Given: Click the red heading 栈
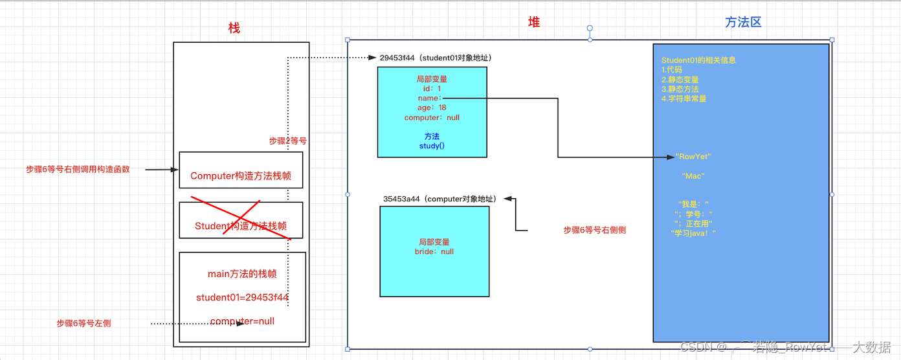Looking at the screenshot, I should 234,28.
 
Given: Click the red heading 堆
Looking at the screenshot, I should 534,23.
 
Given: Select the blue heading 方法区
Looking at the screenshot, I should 742,22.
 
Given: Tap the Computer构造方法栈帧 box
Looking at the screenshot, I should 241,175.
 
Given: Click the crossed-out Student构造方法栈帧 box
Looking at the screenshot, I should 241,226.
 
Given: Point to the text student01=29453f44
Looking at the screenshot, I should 242,298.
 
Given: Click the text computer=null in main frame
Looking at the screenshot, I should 242,321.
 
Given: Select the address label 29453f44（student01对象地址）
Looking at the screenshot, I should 436,58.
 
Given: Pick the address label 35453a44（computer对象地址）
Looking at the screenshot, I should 439,199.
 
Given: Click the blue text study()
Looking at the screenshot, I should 432,146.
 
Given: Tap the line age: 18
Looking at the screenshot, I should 432,107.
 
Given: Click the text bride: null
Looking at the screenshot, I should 434,251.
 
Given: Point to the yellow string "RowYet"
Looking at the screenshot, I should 693,157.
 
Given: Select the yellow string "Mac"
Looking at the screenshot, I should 693,175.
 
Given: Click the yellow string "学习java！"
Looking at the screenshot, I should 694,233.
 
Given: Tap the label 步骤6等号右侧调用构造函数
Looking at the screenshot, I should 78,170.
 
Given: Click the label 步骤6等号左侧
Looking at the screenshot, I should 83,323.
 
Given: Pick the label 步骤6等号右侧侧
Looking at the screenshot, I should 594,230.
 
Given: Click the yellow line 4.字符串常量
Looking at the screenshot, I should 684,98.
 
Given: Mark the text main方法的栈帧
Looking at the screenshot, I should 242,274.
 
